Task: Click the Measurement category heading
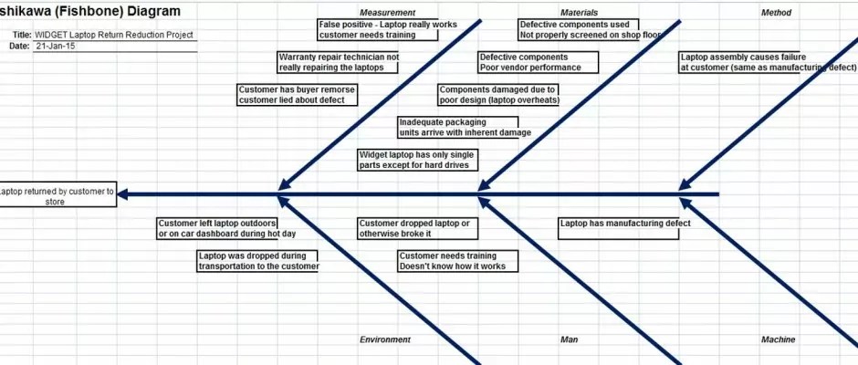tap(387, 13)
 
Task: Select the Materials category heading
tap(579, 13)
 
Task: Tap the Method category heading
tap(776, 13)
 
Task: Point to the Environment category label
tap(384, 339)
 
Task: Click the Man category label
tap(569, 339)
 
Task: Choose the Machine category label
tap(778, 339)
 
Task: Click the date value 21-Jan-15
tap(56, 47)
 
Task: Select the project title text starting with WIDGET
tap(114, 35)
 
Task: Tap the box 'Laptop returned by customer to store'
tap(57, 194)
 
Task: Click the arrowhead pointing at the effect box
tap(123, 194)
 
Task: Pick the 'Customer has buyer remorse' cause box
tap(298, 95)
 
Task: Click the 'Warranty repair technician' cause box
tap(338, 62)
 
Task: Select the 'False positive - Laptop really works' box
tap(378, 29)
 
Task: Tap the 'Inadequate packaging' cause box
tap(458, 128)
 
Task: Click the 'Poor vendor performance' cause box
tap(539, 62)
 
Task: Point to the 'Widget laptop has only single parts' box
tap(417, 160)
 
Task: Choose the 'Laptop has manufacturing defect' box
tap(619, 229)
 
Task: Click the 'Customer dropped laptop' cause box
tap(417, 229)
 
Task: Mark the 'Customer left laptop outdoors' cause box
tap(217, 229)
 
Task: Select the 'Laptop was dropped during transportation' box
tap(257, 261)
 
